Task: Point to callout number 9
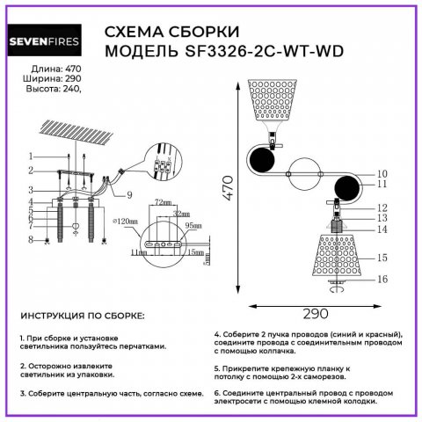tap(128, 194)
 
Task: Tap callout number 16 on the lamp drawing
tap(382, 279)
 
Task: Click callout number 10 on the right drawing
tap(382, 173)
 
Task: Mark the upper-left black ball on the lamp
tap(262, 162)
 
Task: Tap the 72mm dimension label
tap(162, 202)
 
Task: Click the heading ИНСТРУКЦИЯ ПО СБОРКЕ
tap(81, 315)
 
